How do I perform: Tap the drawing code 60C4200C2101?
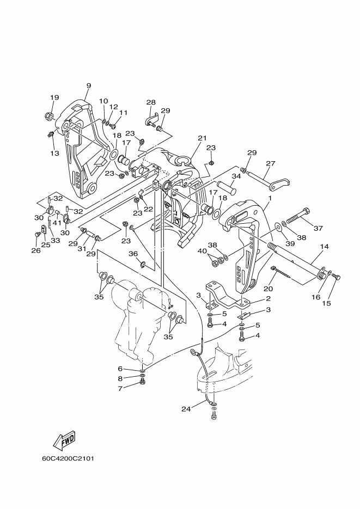(x=68, y=459)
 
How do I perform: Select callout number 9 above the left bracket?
(x=89, y=85)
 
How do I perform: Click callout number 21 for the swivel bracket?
(x=202, y=138)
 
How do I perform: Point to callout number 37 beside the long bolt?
(x=318, y=228)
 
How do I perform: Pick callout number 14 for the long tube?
(x=324, y=247)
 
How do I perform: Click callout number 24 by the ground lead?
(x=186, y=409)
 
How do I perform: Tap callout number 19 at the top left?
(x=54, y=97)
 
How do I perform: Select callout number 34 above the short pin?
(x=236, y=176)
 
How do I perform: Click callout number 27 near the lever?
(x=270, y=163)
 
